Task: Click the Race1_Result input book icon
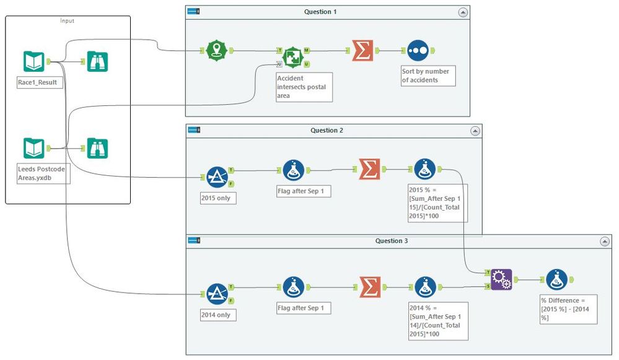click(34, 61)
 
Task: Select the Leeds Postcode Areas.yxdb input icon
click(34, 148)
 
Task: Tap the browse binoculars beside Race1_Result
click(97, 61)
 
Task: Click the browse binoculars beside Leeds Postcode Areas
click(97, 148)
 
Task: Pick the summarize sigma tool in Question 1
click(362, 51)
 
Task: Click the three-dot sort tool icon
click(417, 51)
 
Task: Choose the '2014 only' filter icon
click(217, 294)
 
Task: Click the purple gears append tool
click(501, 280)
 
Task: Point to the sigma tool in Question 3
click(370, 286)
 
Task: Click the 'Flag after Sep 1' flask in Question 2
click(293, 170)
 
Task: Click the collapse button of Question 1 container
click(463, 12)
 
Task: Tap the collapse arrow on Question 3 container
click(605, 241)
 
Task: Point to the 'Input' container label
click(67, 20)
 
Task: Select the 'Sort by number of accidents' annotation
click(425, 76)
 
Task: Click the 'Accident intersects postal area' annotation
click(304, 87)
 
